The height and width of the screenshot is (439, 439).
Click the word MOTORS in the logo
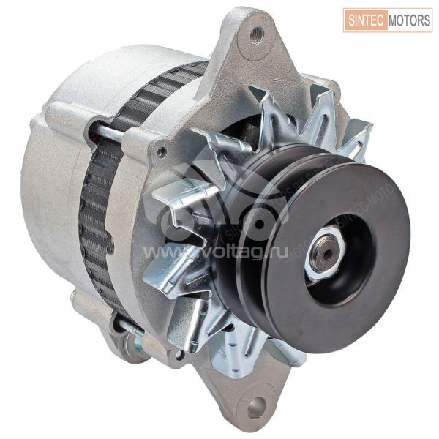[x=409, y=20]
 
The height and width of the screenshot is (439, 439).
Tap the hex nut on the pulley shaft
[x=325, y=253]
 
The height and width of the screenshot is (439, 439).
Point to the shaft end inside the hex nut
[x=326, y=253]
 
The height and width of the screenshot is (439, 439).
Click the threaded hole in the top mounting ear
[x=257, y=34]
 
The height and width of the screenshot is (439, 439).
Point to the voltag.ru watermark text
[x=216, y=252]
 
